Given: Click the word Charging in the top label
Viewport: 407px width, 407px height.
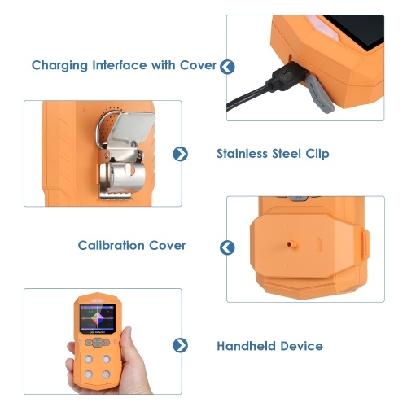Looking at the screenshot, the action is coord(59,66).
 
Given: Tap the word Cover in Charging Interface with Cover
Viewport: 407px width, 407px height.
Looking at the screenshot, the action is coord(198,65).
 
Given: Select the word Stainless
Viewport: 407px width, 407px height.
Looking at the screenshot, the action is coord(243,154).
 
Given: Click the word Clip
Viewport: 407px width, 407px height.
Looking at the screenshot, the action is coord(317,154).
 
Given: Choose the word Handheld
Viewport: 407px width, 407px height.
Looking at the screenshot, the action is coord(246,346).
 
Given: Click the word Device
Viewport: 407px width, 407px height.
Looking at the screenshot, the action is coord(301,346).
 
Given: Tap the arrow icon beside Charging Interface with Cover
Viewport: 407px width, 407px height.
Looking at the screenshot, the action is coord(227,67).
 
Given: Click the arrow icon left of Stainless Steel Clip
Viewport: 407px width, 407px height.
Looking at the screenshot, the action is coord(181,154).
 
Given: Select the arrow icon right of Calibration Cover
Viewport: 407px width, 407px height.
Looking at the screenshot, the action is coord(227,247).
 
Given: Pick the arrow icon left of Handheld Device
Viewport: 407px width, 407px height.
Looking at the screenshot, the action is coord(181,345).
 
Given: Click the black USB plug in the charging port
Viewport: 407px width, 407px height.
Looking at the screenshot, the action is coord(287,77).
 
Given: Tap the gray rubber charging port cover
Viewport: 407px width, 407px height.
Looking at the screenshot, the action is coord(320,94).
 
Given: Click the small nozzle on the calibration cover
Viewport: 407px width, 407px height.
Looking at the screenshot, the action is coord(291,244).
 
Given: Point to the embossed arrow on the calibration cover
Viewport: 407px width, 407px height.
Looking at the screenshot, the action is coord(319,244).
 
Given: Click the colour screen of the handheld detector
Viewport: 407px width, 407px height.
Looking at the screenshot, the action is coord(98,319).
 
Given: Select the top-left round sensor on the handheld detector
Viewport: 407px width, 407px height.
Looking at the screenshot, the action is coord(89,359).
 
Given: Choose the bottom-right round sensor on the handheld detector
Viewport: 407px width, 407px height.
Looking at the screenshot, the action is coord(106,374).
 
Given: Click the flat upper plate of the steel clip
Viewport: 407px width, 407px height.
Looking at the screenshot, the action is coord(134,128).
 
